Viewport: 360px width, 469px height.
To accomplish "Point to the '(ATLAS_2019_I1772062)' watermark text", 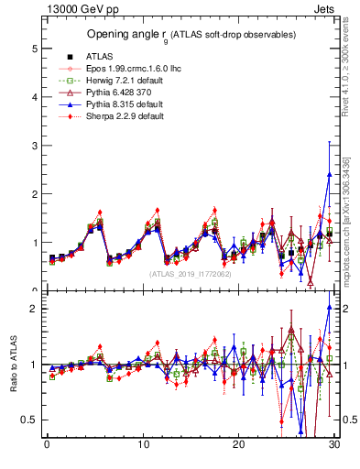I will (191, 273).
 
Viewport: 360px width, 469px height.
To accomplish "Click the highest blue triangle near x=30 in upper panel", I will (329, 175).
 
